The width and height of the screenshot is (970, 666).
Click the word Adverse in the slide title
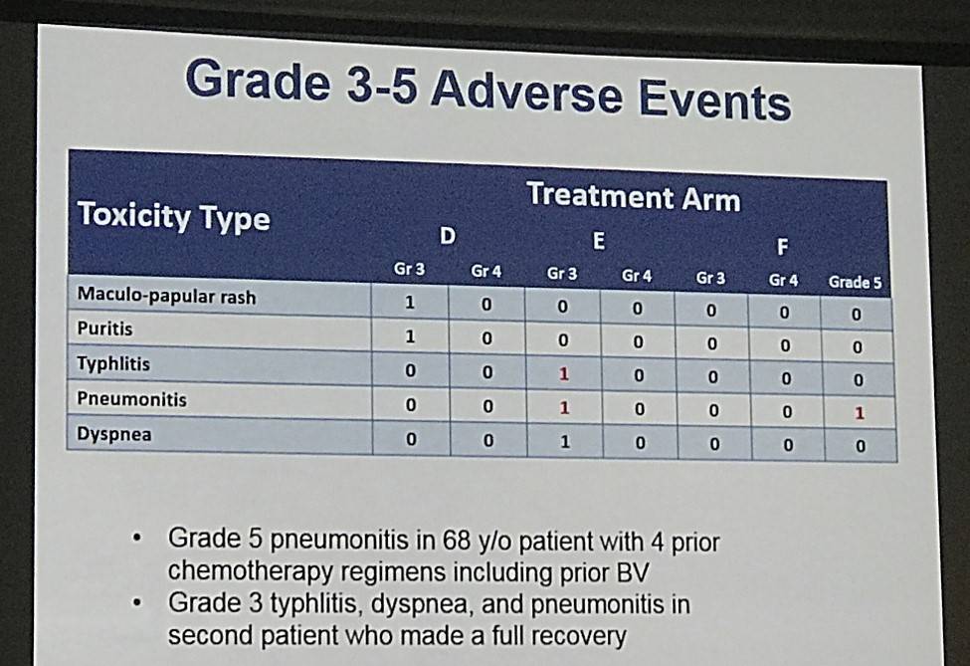(x=527, y=92)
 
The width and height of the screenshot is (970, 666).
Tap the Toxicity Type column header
(x=174, y=217)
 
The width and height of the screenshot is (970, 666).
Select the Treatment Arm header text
(x=634, y=197)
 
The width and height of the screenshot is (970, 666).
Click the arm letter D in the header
(x=448, y=236)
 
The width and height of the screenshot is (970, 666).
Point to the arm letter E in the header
(x=598, y=241)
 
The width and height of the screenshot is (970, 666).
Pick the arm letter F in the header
(x=783, y=247)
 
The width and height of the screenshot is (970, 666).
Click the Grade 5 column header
(x=855, y=283)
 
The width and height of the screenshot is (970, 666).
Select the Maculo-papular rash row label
(x=166, y=296)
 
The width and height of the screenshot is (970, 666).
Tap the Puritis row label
(x=104, y=329)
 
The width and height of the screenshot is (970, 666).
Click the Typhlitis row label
(x=113, y=363)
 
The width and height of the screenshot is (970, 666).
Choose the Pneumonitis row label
(x=131, y=399)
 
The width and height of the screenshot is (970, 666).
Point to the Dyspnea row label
(x=113, y=434)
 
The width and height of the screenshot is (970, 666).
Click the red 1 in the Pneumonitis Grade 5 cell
(x=860, y=413)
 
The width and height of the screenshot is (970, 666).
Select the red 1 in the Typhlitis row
(x=563, y=374)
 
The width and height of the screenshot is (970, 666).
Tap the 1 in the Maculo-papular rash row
(x=410, y=303)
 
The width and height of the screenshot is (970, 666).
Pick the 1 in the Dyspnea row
(x=565, y=442)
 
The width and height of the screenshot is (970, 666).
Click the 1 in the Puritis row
(x=410, y=336)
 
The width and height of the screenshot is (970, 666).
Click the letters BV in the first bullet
(x=633, y=572)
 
